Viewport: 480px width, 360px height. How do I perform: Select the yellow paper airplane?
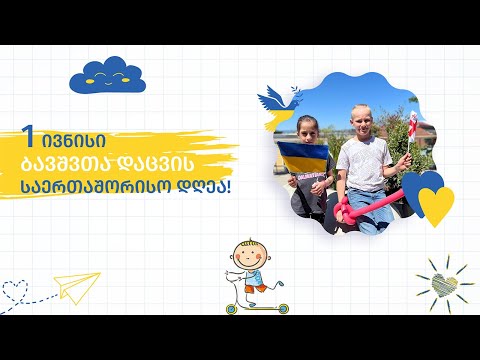tap(76, 288)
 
